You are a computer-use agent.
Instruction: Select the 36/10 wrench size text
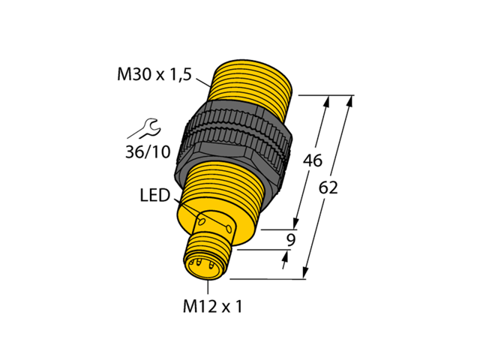[x=147, y=151]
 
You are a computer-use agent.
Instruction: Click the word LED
[x=155, y=196]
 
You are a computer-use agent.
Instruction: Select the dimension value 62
[x=328, y=187]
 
